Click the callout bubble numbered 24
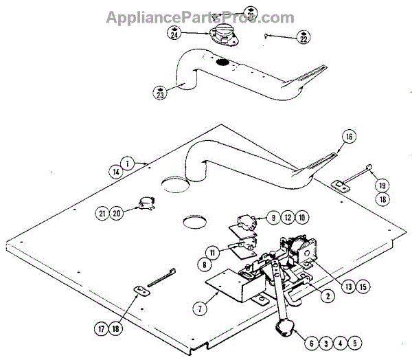[174, 33]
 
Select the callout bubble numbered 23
[159, 93]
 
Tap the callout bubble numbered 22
[303, 39]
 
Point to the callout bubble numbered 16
[348, 137]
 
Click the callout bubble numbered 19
[380, 185]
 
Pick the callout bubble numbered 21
[102, 214]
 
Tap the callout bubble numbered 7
[198, 308]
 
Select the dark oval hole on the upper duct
[222, 64]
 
